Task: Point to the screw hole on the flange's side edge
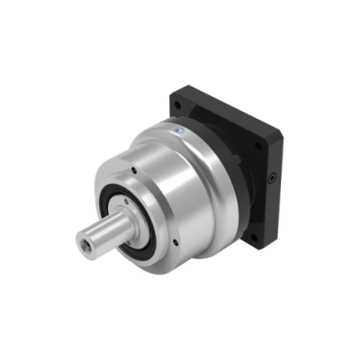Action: (x=271, y=178)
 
